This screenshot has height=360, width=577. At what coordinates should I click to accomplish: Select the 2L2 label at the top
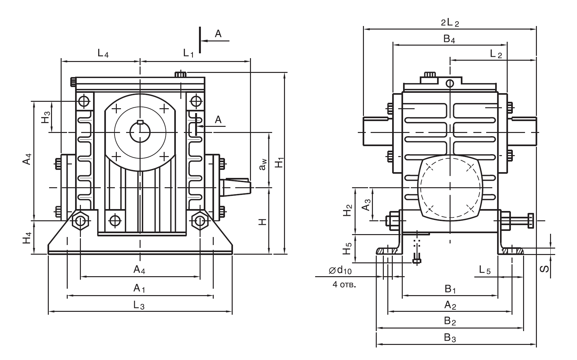click(450, 22)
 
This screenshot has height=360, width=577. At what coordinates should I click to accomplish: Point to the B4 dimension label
click(450, 39)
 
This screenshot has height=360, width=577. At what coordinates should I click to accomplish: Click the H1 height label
click(280, 162)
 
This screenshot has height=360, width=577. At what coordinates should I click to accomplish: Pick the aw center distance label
click(263, 166)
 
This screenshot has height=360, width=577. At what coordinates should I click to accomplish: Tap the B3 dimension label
click(450, 338)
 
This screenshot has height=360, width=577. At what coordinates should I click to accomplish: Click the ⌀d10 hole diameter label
click(340, 271)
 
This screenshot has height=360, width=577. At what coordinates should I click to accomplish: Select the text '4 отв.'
click(344, 285)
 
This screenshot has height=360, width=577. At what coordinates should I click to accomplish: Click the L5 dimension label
click(485, 271)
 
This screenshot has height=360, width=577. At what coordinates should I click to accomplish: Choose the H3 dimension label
click(46, 117)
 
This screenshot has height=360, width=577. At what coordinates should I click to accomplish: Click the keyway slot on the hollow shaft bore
click(140, 122)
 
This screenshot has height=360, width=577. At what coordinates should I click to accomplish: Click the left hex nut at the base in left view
click(80, 221)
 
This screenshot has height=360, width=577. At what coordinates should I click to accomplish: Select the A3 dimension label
click(366, 205)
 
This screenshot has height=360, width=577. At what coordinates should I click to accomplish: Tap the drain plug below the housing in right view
click(417, 260)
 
